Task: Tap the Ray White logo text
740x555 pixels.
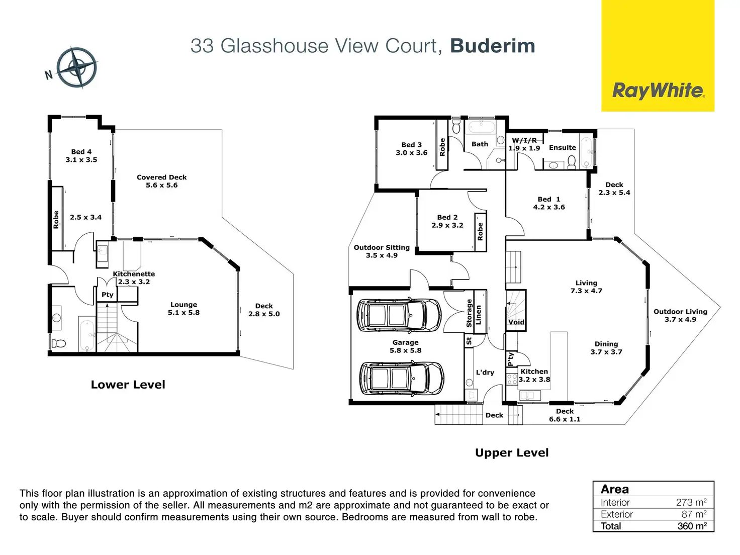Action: (658, 90)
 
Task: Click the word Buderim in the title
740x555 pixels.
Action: (493, 46)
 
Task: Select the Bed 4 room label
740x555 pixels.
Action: (81, 156)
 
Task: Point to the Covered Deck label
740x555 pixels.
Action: (161, 181)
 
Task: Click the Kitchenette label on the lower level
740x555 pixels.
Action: (134, 277)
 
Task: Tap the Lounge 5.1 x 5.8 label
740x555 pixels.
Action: (183, 308)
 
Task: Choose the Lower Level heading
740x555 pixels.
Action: (128, 385)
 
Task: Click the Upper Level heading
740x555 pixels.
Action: (512, 452)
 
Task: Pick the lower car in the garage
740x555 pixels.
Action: (402, 378)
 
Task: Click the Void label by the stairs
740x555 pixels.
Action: (516, 322)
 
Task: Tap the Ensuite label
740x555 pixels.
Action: (563, 148)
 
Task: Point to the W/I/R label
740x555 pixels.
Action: (524, 140)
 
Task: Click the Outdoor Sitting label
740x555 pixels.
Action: (382, 251)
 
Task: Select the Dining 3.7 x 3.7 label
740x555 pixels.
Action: (606, 348)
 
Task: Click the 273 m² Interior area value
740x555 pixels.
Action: (691, 502)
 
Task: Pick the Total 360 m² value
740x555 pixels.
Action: (692, 526)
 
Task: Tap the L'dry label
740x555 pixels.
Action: (485, 373)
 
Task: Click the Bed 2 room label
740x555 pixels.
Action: (447, 221)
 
